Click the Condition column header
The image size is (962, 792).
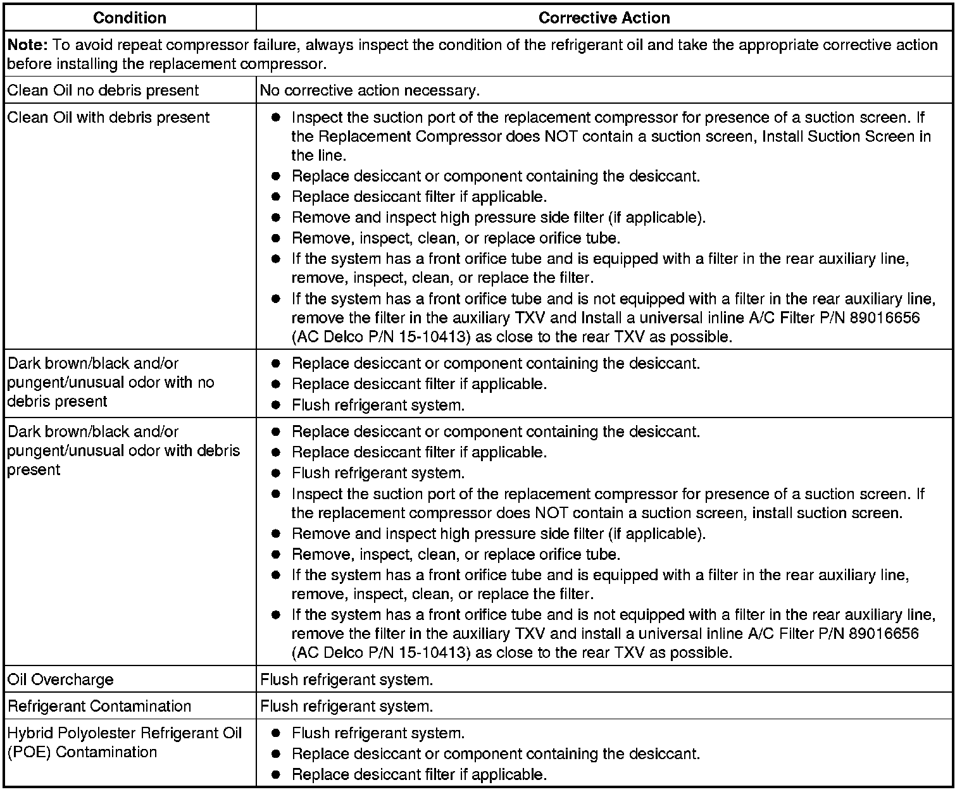click(x=129, y=18)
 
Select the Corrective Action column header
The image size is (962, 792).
click(x=604, y=18)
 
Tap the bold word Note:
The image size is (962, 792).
click(x=27, y=45)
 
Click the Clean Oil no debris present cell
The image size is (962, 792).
click(x=103, y=90)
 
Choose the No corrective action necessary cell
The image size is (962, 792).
click(x=370, y=90)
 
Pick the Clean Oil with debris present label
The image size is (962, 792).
click(x=108, y=117)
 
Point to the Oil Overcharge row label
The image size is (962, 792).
click(x=61, y=679)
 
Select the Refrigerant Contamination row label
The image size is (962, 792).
click(x=99, y=706)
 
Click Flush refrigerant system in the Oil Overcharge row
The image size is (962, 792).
click(x=347, y=680)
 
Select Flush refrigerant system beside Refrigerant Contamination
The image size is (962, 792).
click(x=347, y=707)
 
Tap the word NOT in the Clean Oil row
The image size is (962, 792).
click(x=561, y=137)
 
